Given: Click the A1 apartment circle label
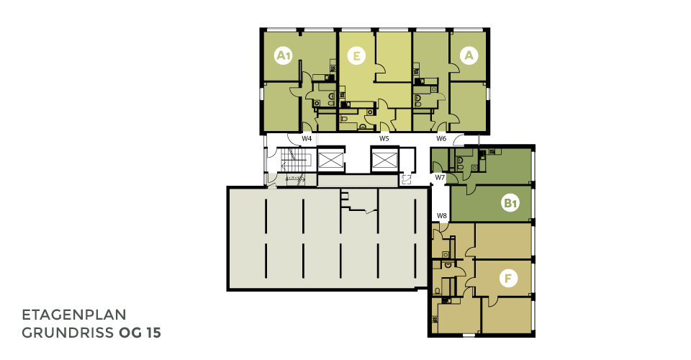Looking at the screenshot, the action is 284,56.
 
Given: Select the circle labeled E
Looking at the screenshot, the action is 356,56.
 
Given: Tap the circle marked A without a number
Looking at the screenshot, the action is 469,55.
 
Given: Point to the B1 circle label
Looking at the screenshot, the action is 510,203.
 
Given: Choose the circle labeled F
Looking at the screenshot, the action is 508,279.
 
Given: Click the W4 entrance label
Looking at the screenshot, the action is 307,138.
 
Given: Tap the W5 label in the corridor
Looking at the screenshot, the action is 384,138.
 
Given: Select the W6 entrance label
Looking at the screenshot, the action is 441,138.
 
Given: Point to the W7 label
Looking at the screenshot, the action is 441,177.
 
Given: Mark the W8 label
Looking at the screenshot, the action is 441,216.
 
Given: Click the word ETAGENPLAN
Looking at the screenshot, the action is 74,315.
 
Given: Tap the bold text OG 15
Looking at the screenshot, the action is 140,333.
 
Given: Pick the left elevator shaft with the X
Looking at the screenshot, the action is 330,160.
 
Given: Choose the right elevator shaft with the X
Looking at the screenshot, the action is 384,160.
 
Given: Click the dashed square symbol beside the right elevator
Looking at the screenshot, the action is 406,179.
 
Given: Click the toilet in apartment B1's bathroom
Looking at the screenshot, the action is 460,161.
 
